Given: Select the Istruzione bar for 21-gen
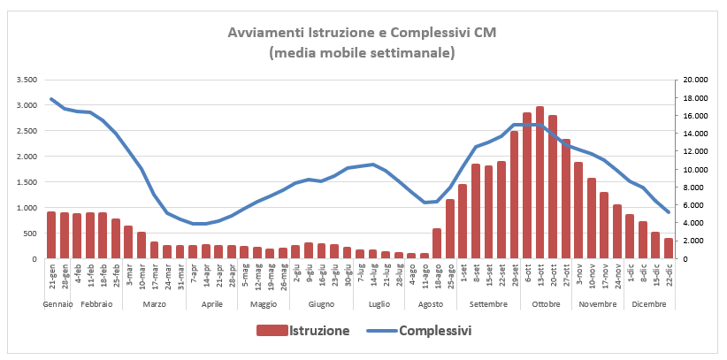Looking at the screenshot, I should pos(51,235).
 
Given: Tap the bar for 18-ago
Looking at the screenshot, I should pos(436,243).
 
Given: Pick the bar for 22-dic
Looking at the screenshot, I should pos(668,249).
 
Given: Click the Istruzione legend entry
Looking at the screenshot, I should pos(302,331).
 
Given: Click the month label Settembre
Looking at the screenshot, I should pos(488,303).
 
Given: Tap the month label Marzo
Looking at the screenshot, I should pos(154,303).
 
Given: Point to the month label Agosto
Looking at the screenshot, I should pos(430,303).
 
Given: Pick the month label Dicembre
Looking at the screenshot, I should pos(649,303).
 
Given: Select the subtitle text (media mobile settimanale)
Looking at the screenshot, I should pos(363,53).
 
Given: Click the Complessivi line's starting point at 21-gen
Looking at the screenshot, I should pos(51,98).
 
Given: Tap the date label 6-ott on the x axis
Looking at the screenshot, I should pos(527,273).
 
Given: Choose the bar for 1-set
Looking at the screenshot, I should pos(462,221).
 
